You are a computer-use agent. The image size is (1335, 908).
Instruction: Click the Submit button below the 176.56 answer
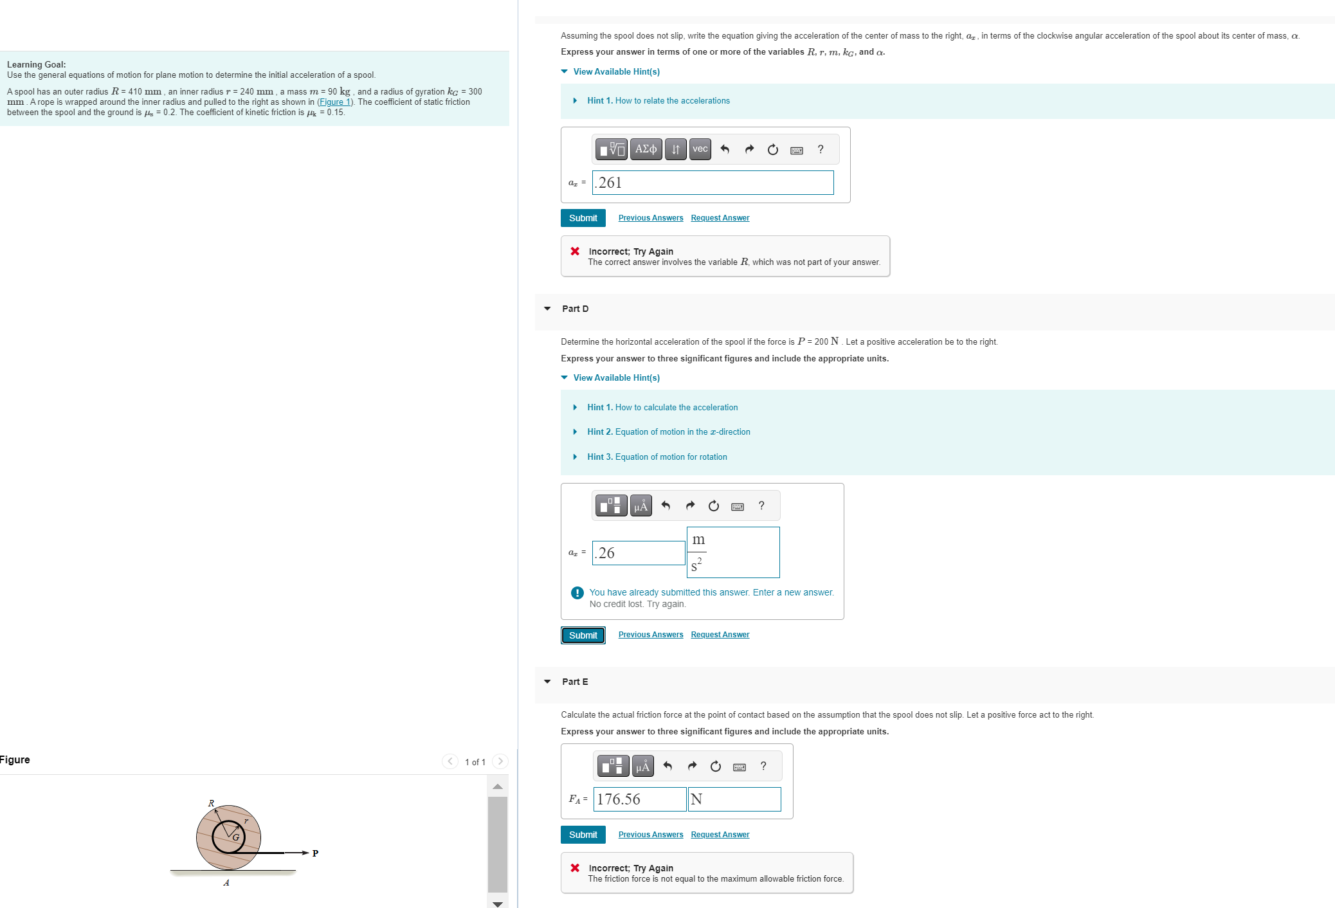tap(583, 835)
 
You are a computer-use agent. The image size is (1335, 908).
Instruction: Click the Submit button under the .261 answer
tap(583, 218)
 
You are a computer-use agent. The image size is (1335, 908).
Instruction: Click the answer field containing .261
tap(713, 183)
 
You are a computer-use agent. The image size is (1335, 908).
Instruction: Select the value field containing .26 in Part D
tap(638, 553)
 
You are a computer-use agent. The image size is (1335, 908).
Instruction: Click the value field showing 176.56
tap(639, 799)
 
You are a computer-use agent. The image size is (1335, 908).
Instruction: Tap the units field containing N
tap(734, 799)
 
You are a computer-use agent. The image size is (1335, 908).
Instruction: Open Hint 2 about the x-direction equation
tap(668, 432)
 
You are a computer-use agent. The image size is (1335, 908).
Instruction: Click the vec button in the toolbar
tap(700, 149)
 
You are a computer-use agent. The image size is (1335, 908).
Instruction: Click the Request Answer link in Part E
tap(720, 835)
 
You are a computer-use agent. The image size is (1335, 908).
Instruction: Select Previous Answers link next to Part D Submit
tap(650, 635)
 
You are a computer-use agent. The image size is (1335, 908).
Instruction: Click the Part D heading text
tap(575, 309)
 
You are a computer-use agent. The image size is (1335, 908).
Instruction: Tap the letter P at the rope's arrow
tap(315, 853)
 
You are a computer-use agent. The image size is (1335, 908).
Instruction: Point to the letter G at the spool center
tap(236, 837)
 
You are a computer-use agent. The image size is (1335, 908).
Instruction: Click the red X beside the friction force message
tap(575, 868)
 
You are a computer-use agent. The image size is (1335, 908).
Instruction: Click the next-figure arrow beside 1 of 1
tap(500, 761)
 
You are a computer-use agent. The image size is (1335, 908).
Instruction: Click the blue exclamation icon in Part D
tap(577, 593)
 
